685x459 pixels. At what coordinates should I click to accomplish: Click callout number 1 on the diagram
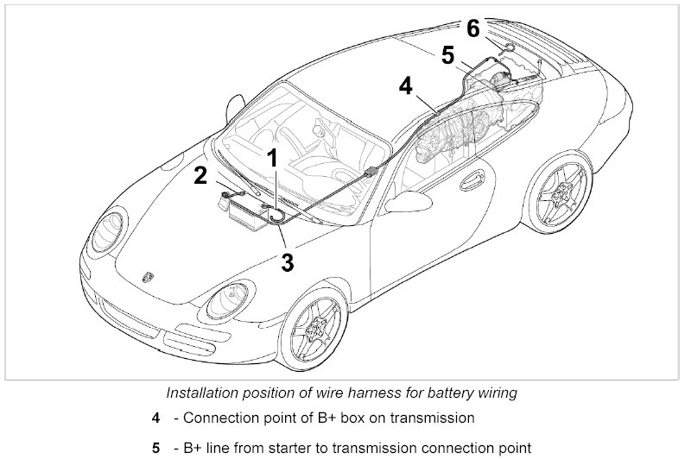click(271, 158)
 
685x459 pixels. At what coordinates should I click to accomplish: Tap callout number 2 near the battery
click(201, 175)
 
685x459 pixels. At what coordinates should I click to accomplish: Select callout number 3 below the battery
click(288, 261)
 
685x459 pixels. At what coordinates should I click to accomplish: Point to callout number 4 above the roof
click(407, 85)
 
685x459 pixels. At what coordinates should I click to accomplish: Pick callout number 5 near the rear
click(447, 55)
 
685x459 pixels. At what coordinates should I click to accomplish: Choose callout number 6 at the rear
click(473, 28)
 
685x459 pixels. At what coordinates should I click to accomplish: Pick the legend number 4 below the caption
click(155, 418)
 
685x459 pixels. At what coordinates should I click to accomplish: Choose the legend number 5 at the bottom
click(155, 448)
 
